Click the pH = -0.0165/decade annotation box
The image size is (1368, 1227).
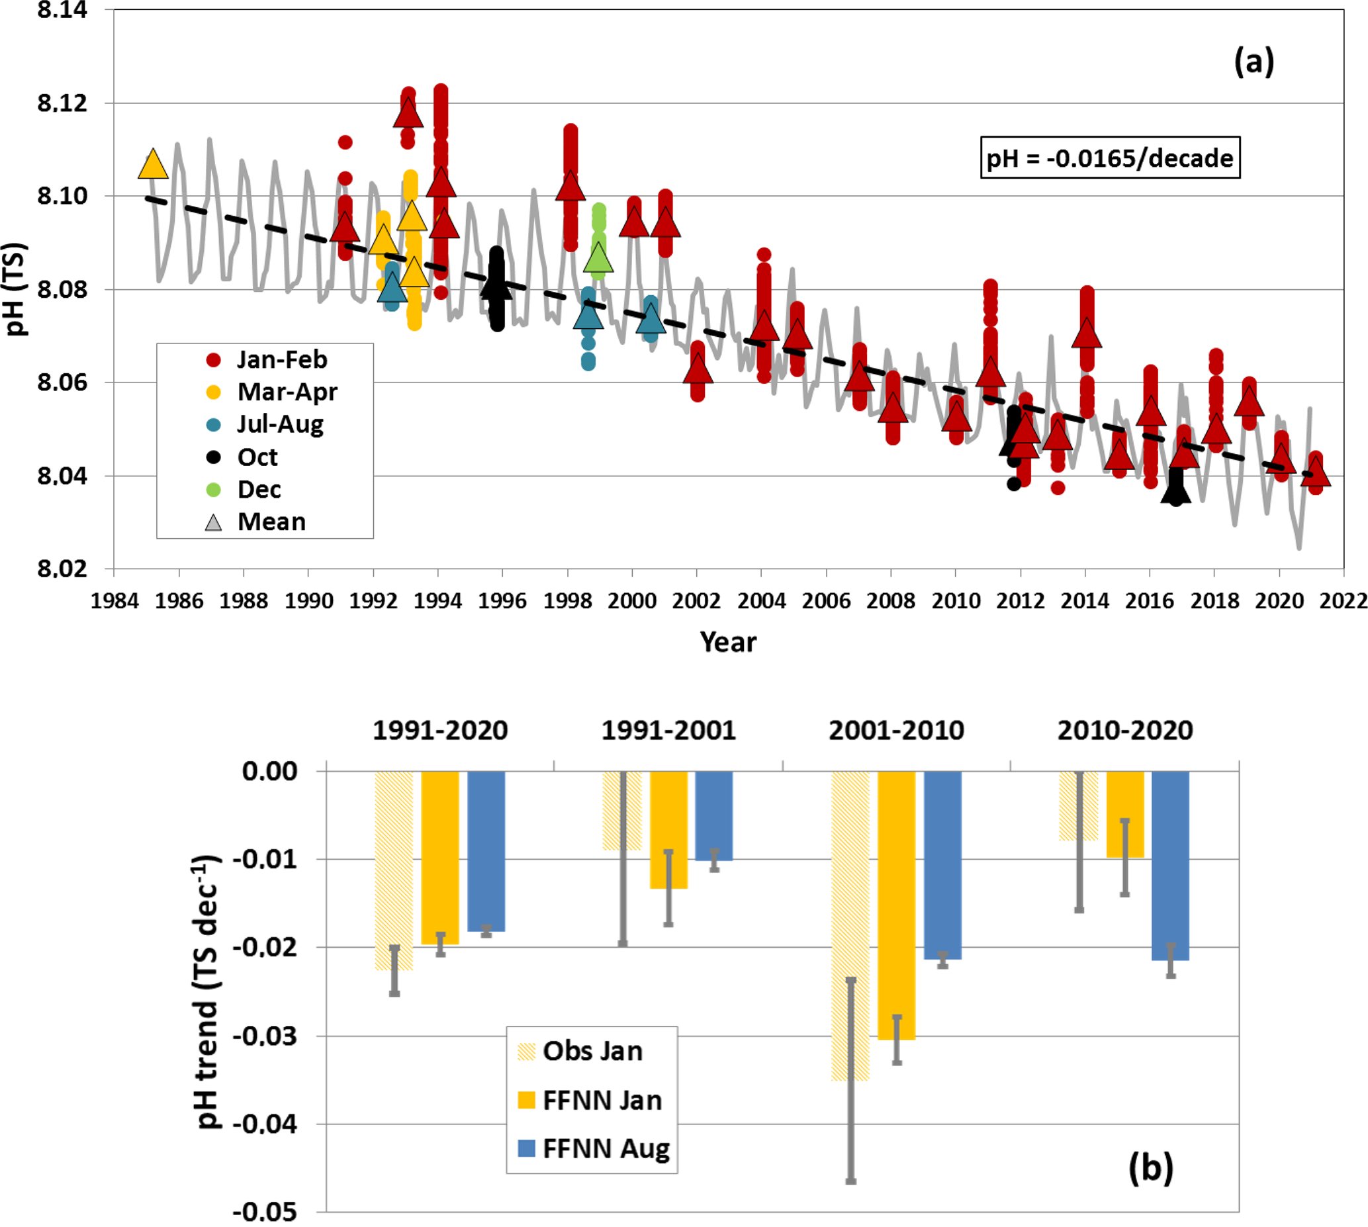(x=1109, y=158)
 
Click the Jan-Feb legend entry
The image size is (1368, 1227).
(x=267, y=359)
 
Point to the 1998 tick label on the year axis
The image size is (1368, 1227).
(x=567, y=600)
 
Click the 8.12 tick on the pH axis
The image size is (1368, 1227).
(x=62, y=103)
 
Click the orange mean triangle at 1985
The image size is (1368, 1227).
(x=153, y=165)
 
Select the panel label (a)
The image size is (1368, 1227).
(x=1254, y=62)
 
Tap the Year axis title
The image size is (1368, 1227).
(x=727, y=642)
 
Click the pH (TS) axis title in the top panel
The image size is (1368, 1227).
(x=16, y=289)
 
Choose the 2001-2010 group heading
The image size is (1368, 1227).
(x=896, y=730)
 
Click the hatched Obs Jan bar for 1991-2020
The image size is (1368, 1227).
(x=394, y=870)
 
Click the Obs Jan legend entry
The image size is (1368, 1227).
(x=580, y=1051)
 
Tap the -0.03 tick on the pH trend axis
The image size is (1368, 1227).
(x=264, y=1036)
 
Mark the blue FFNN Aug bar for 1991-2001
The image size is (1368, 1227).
(x=713, y=816)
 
